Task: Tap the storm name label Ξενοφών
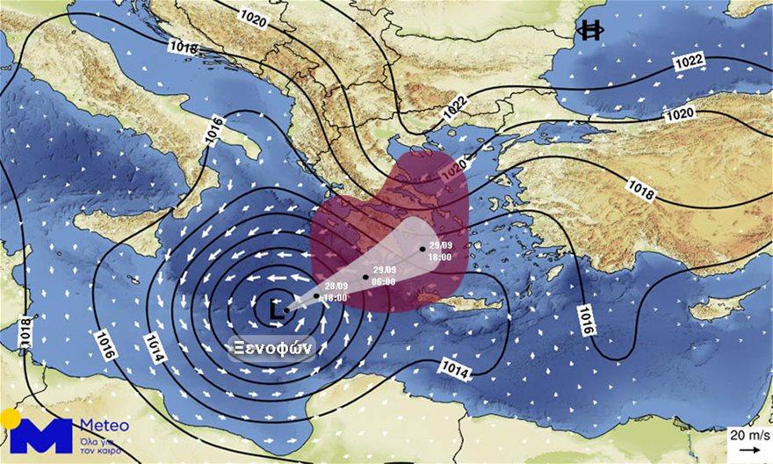271,347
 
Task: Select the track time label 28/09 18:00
336,292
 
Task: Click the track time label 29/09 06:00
384,275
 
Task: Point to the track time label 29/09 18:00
440,250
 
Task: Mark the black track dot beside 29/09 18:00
423,249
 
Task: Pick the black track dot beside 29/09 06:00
365,277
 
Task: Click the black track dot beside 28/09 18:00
316,295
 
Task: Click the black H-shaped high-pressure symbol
590,31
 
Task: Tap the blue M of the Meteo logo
41,437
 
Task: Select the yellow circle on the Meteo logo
10,418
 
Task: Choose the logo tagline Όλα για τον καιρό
105,444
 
